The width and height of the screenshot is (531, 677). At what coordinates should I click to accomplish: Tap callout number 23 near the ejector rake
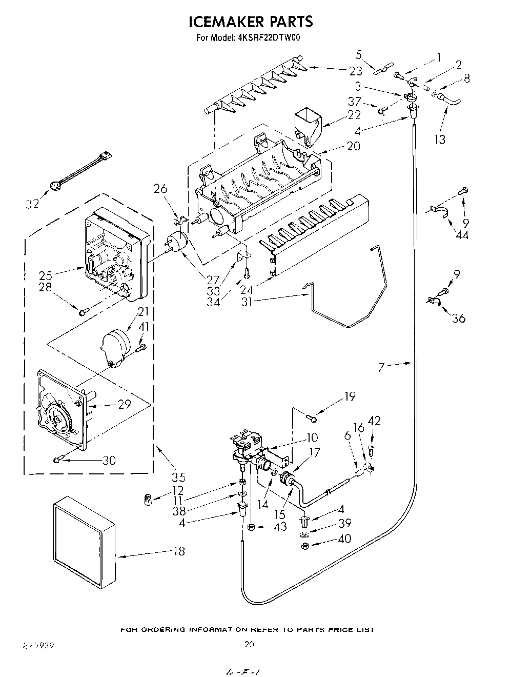(x=355, y=71)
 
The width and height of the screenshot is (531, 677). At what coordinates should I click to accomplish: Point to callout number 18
(x=178, y=551)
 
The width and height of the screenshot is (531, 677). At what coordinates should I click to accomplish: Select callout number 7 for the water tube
(x=381, y=367)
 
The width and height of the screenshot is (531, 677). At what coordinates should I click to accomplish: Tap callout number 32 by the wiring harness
(x=32, y=205)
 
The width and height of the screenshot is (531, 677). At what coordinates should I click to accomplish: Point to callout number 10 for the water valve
(x=312, y=437)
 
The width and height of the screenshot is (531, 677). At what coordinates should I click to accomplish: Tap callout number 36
(x=459, y=318)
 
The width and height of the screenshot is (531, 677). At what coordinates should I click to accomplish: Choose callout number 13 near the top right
(x=440, y=138)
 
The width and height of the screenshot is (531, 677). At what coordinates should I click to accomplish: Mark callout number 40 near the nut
(x=344, y=539)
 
